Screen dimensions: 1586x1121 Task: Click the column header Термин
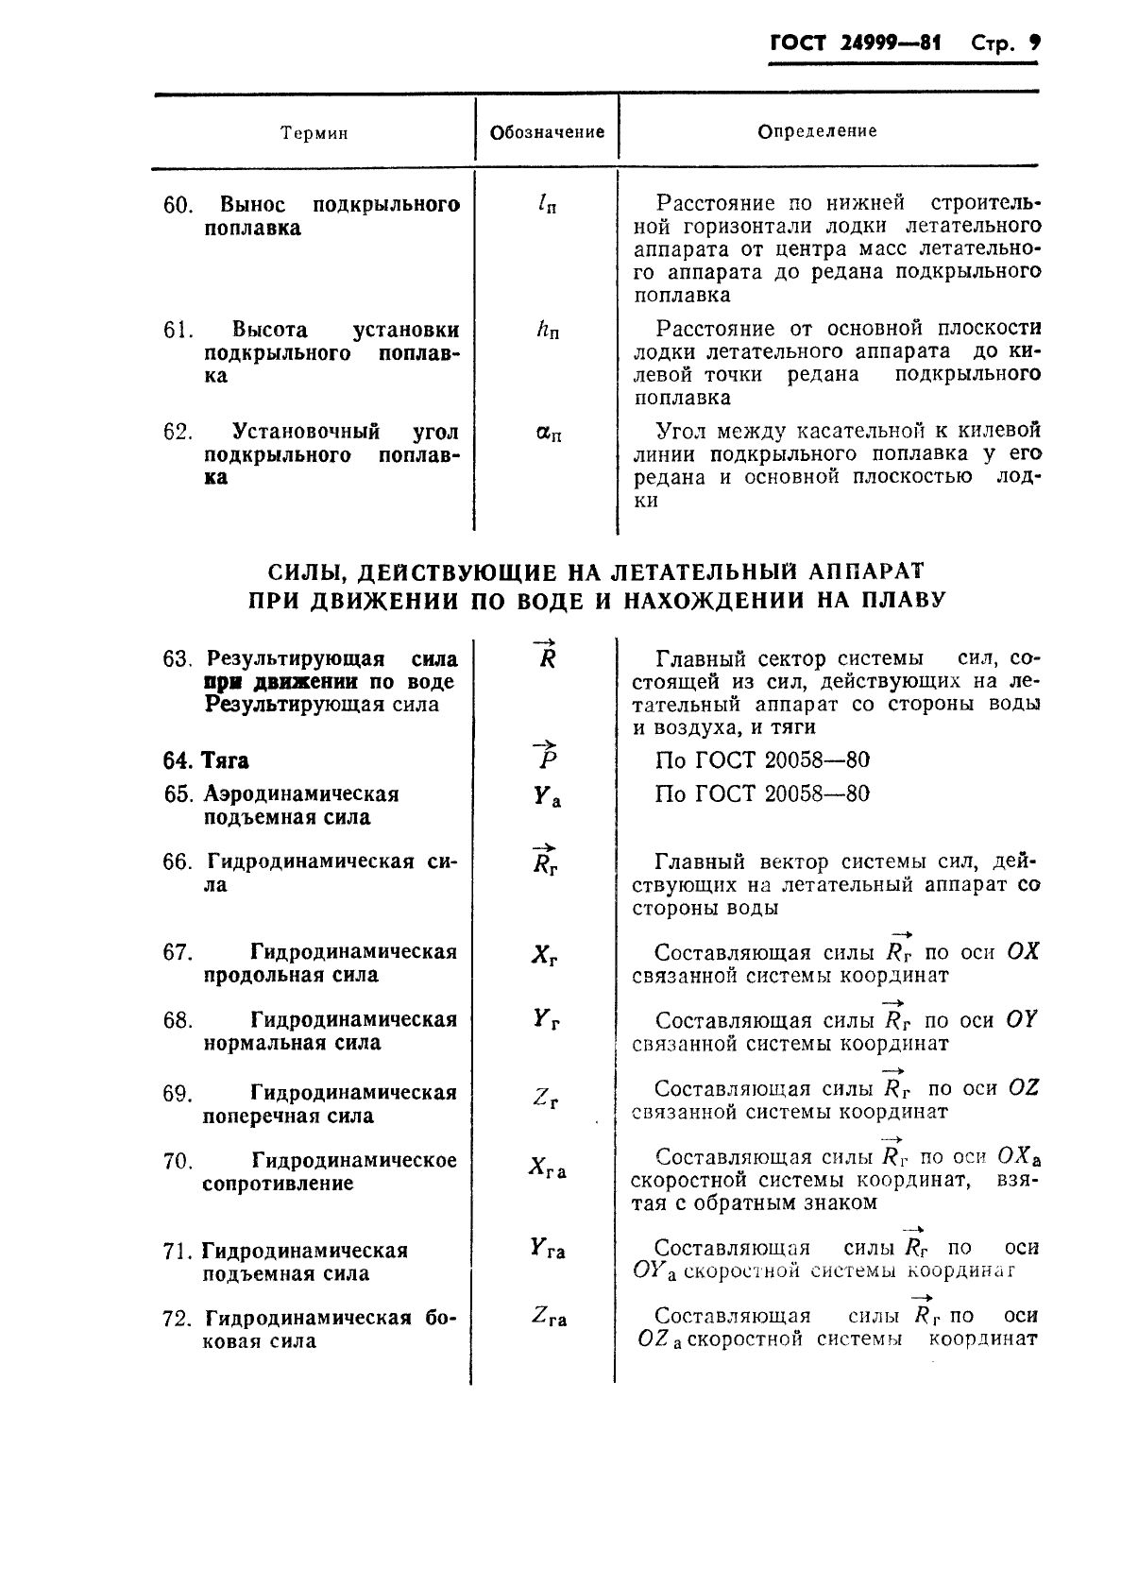tap(314, 133)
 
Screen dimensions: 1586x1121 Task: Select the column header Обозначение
tap(547, 132)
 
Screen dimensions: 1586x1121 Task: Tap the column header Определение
tap(817, 131)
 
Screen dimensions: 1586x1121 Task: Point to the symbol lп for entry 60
tap(544, 204)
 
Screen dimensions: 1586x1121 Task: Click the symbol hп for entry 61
tap(546, 331)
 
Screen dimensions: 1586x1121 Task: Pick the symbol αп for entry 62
tap(547, 434)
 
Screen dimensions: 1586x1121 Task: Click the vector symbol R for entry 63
tap(545, 656)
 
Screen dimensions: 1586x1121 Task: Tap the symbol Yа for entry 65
tap(546, 797)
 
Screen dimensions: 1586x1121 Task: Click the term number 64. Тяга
tap(206, 760)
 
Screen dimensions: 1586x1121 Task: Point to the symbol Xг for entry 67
tap(544, 955)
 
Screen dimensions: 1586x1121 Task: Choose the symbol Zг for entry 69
tap(545, 1098)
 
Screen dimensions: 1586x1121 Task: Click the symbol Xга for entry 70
tap(547, 1168)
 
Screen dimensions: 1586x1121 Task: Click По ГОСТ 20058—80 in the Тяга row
tap(761, 760)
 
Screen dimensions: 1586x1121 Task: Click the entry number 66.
tap(176, 862)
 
